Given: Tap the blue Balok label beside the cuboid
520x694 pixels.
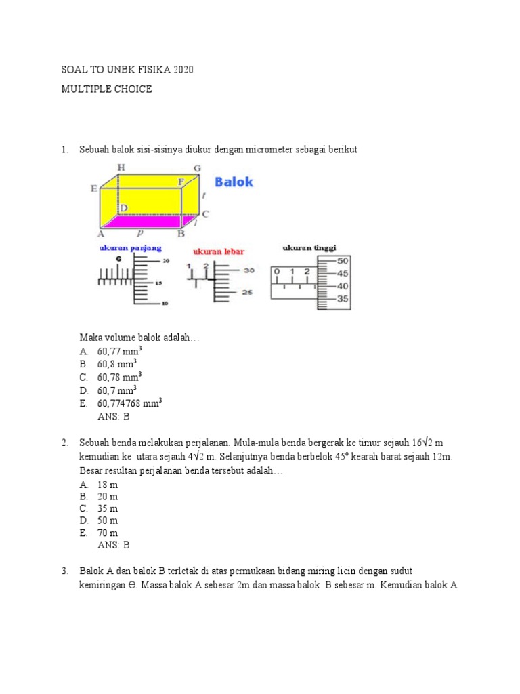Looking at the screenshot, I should point(234,182).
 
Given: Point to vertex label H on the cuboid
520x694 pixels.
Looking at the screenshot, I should point(121,167).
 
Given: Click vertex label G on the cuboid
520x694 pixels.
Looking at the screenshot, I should point(197,167).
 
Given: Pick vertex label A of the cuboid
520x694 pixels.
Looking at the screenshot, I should point(102,234).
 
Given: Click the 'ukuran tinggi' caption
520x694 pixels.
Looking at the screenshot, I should point(309,248).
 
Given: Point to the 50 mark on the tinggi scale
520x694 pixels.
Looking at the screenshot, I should point(343,261).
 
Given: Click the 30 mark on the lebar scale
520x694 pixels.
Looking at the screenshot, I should point(249,270).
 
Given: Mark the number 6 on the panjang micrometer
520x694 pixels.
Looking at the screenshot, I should point(118,259).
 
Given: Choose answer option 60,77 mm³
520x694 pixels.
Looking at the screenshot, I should point(119,352).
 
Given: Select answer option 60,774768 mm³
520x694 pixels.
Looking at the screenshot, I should point(129,403).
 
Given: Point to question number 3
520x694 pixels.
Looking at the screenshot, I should point(64,571).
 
